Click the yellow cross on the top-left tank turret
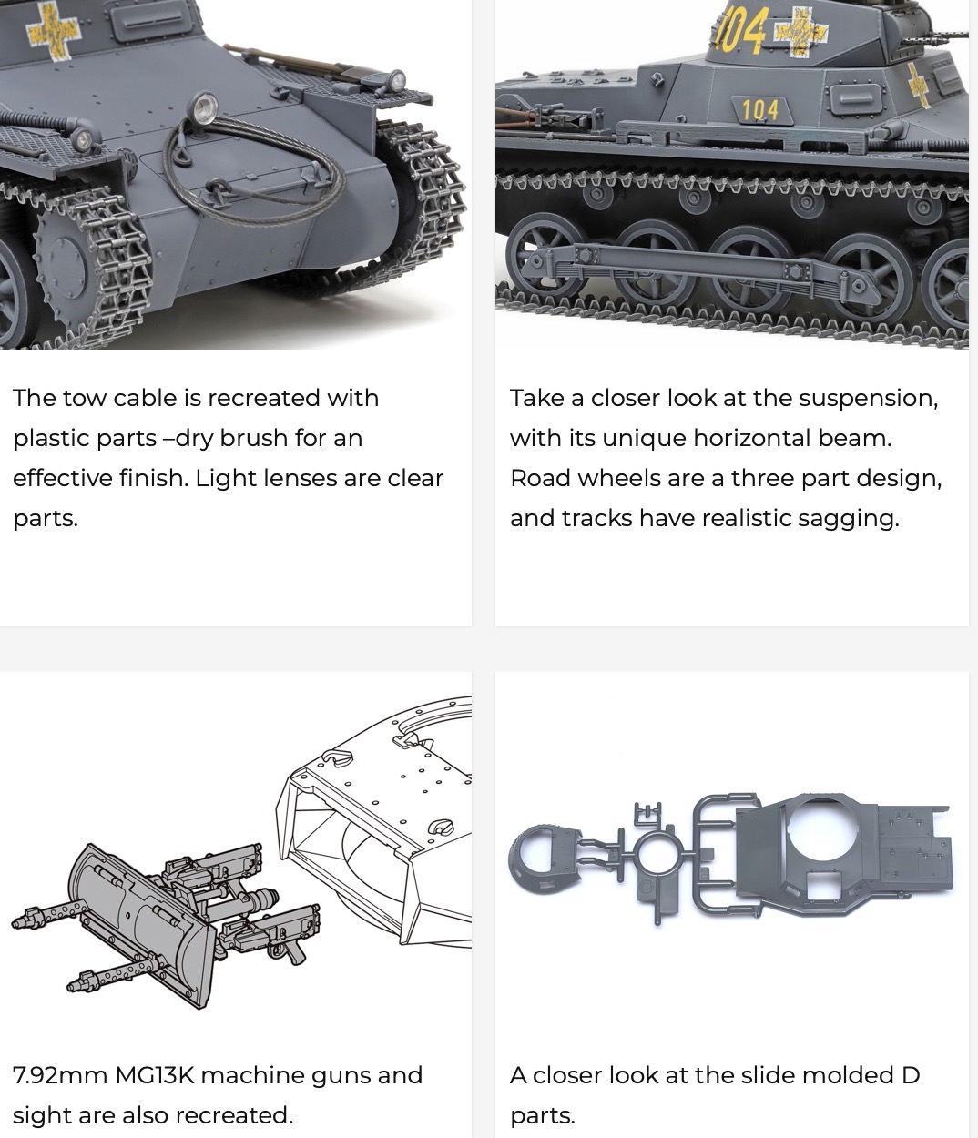click(54, 30)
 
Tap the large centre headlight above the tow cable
click(205, 107)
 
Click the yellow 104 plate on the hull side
click(760, 110)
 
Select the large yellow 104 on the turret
click(740, 27)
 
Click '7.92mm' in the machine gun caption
click(60, 1075)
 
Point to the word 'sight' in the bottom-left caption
click(43, 1116)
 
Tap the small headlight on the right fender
click(395, 82)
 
